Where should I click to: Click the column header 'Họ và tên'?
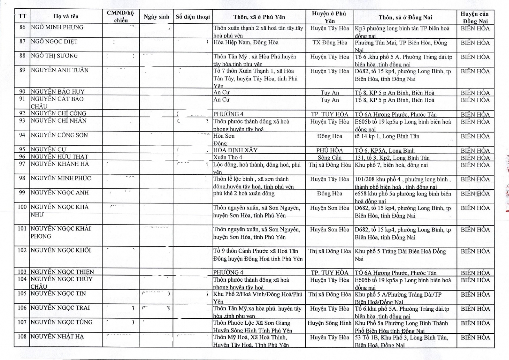tap(66, 16)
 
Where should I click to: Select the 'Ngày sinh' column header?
tap(156, 17)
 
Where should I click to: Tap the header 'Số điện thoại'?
tap(193, 17)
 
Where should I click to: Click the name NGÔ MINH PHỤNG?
tap(57, 27)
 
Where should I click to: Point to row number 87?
tap(22, 41)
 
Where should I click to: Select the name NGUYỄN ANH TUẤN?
tap(60, 70)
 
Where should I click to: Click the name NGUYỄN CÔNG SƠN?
tap(59, 135)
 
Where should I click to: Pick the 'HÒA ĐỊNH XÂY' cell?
tap(235, 150)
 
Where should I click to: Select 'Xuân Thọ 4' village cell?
tap(228, 157)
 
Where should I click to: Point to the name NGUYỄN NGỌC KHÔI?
tap(61, 250)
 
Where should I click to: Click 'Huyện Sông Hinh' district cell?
tap(329, 323)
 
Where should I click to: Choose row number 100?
tap(22, 207)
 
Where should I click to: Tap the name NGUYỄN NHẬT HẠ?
tap(57, 337)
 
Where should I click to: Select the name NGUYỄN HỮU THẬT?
tap(59, 157)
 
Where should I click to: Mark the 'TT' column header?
tap(22, 16)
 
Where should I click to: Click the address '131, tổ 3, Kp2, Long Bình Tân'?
tap(392, 158)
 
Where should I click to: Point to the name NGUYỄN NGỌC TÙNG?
tap(61, 322)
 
